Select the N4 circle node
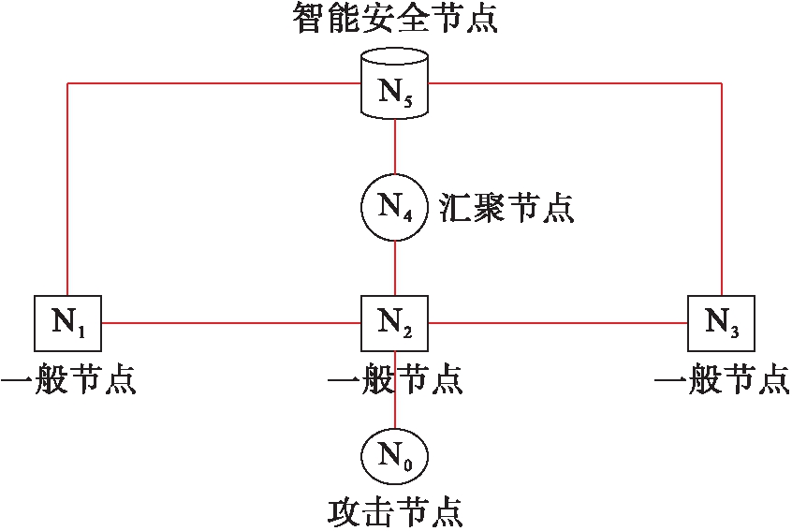click(394, 207)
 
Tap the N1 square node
click(67, 323)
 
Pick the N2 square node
click(394, 323)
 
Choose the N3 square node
click(721, 323)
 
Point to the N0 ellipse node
click(394, 456)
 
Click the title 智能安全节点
click(395, 18)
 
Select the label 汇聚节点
click(506, 207)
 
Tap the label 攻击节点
click(395, 513)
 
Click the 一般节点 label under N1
click(68, 378)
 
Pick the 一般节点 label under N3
click(723, 378)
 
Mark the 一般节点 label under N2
click(395, 378)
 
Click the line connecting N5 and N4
click(395, 146)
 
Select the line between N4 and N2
click(395, 268)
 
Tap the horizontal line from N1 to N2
click(231, 323)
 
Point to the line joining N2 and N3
click(558, 323)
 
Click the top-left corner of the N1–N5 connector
click(67, 82)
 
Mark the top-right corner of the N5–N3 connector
click(721, 82)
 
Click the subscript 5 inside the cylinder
click(407, 101)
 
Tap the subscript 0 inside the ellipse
click(407, 464)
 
